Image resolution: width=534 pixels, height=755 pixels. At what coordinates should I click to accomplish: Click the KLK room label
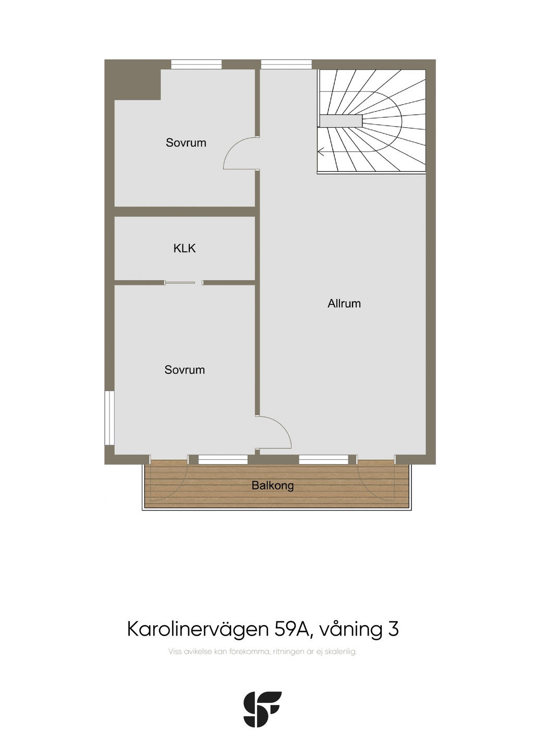click(x=185, y=248)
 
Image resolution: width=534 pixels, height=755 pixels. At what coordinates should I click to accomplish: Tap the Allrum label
click(x=344, y=303)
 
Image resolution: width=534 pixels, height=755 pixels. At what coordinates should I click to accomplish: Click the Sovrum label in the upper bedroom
click(x=186, y=142)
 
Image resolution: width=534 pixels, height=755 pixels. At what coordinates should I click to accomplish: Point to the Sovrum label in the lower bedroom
click(x=185, y=370)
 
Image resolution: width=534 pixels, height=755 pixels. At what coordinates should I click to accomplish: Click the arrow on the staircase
click(x=321, y=152)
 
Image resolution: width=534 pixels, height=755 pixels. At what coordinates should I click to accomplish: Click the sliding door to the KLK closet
click(x=180, y=283)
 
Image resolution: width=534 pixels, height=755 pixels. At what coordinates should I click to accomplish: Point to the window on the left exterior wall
click(x=110, y=418)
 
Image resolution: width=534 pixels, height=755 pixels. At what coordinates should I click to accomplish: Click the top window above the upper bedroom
click(x=196, y=64)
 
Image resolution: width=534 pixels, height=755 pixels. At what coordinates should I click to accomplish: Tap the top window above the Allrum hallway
click(x=286, y=64)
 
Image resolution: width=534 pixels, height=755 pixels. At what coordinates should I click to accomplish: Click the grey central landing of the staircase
click(x=341, y=120)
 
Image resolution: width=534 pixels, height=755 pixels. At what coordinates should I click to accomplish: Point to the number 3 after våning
click(x=393, y=629)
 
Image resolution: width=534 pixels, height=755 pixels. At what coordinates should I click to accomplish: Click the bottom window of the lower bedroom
click(x=223, y=459)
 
